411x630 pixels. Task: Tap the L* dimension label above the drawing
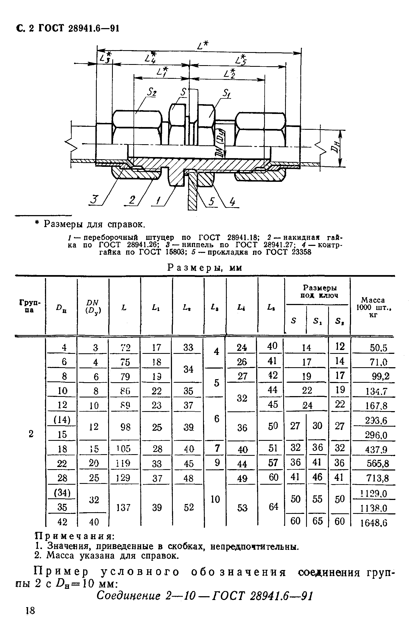[x=202, y=46]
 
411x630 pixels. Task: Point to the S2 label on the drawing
[x=152, y=93]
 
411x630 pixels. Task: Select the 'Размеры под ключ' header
[x=317, y=291]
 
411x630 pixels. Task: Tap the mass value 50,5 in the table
[x=379, y=348]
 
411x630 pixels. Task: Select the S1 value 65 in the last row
[x=318, y=521]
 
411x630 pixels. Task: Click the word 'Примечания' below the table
[x=75, y=536]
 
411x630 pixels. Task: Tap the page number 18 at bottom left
[x=30, y=610]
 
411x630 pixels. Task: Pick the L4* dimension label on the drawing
[x=150, y=57]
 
